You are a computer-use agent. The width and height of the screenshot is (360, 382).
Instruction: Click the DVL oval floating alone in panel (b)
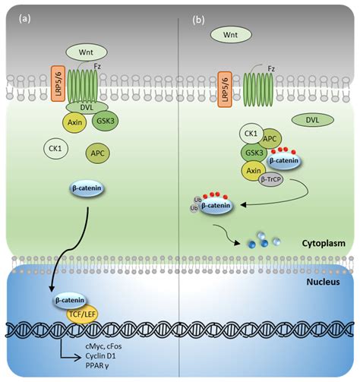click(311, 120)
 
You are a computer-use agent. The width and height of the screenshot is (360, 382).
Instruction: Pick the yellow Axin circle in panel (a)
click(72, 123)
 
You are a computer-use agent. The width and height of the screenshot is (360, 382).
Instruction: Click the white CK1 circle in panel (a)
click(55, 150)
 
